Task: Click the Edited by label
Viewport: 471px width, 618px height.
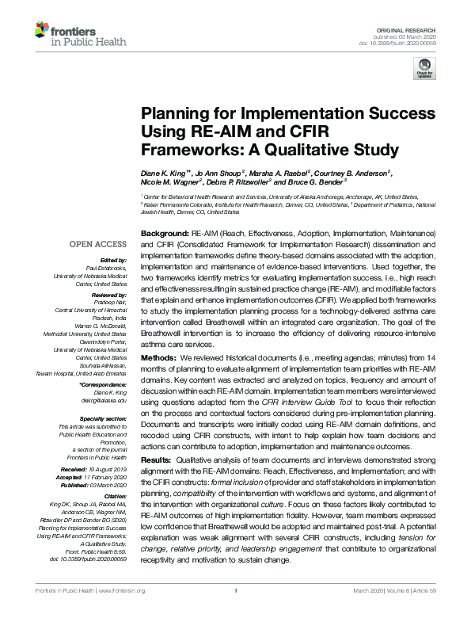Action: (114, 260)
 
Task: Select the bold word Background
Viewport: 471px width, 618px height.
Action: (164, 235)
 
